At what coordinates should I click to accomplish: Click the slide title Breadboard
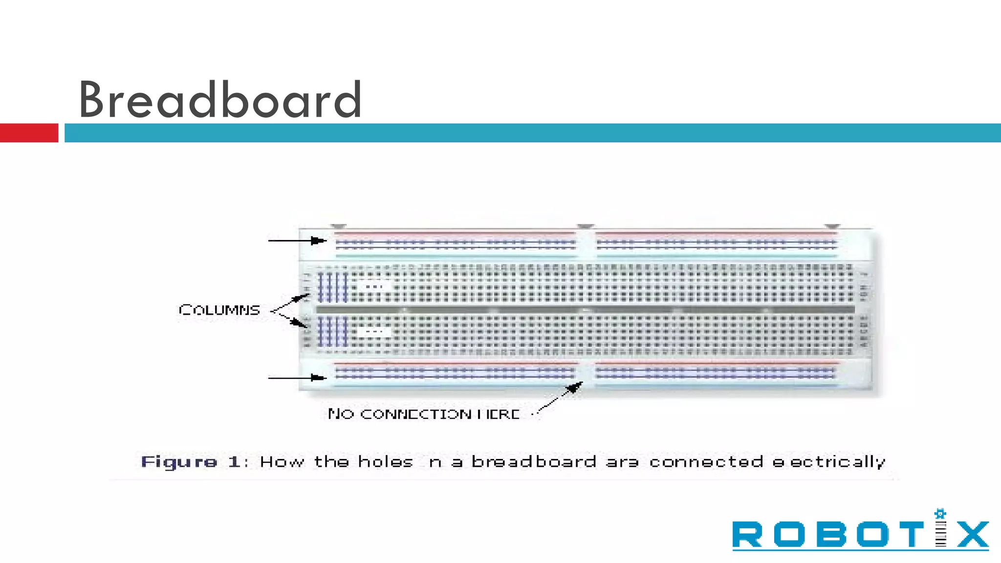coord(220,100)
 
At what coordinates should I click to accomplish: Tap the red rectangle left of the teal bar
coord(29,133)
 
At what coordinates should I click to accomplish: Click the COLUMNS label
coord(219,310)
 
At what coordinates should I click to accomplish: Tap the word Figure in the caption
coord(179,462)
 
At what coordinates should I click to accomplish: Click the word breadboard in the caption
coord(534,462)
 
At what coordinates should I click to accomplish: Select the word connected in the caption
coord(706,462)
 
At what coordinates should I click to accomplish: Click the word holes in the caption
coord(386,462)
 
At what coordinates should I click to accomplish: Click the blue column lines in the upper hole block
coord(332,287)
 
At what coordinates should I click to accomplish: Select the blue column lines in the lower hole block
coord(332,331)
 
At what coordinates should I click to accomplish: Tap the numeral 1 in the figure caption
coord(234,462)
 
